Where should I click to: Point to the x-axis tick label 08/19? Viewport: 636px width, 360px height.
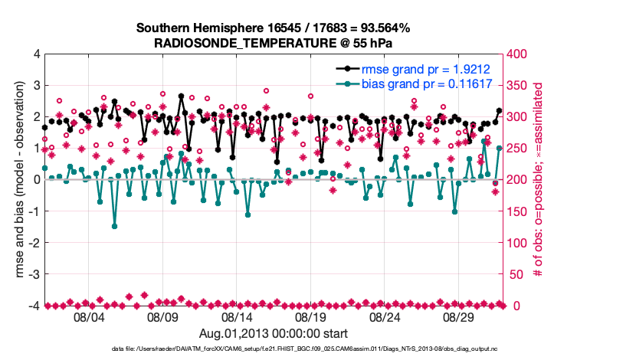(310, 317)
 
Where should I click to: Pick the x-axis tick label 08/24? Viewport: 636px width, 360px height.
(385, 317)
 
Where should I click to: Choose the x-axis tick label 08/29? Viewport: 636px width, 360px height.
(459, 317)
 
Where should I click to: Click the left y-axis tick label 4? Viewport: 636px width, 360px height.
(36, 54)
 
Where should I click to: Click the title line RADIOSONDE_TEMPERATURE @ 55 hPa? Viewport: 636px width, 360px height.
(274, 42)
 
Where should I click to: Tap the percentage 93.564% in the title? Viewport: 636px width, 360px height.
(382, 28)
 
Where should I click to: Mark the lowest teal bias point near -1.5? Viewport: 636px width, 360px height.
(114, 226)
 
